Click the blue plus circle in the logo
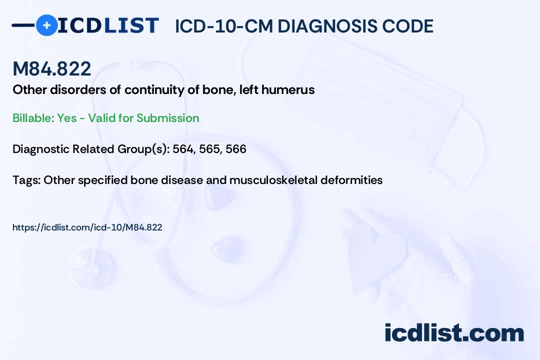coord(47,25)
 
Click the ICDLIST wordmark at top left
coord(108,25)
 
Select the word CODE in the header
coord(408,26)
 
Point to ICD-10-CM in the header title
coord(224,26)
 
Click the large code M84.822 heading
coord(52,68)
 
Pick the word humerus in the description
coord(288,90)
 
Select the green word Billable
coord(33,118)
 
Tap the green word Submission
coord(167,118)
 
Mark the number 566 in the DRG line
coord(236,149)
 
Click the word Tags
coord(26,180)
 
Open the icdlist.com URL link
coord(87,227)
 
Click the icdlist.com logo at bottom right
coord(454,333)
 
